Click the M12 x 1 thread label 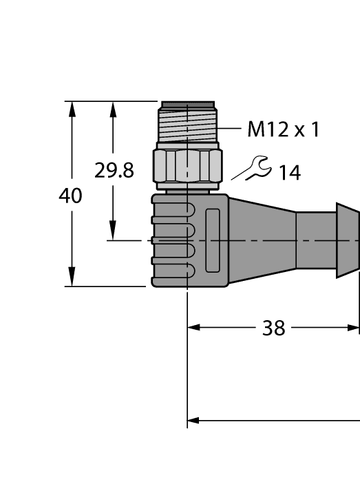point(284,129)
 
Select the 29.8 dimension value point(114,171)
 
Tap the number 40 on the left point(70,196)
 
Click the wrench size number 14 point(290,173)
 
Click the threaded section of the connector point(188,126)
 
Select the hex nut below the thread point(188,166)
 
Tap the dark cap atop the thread point(188,105)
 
